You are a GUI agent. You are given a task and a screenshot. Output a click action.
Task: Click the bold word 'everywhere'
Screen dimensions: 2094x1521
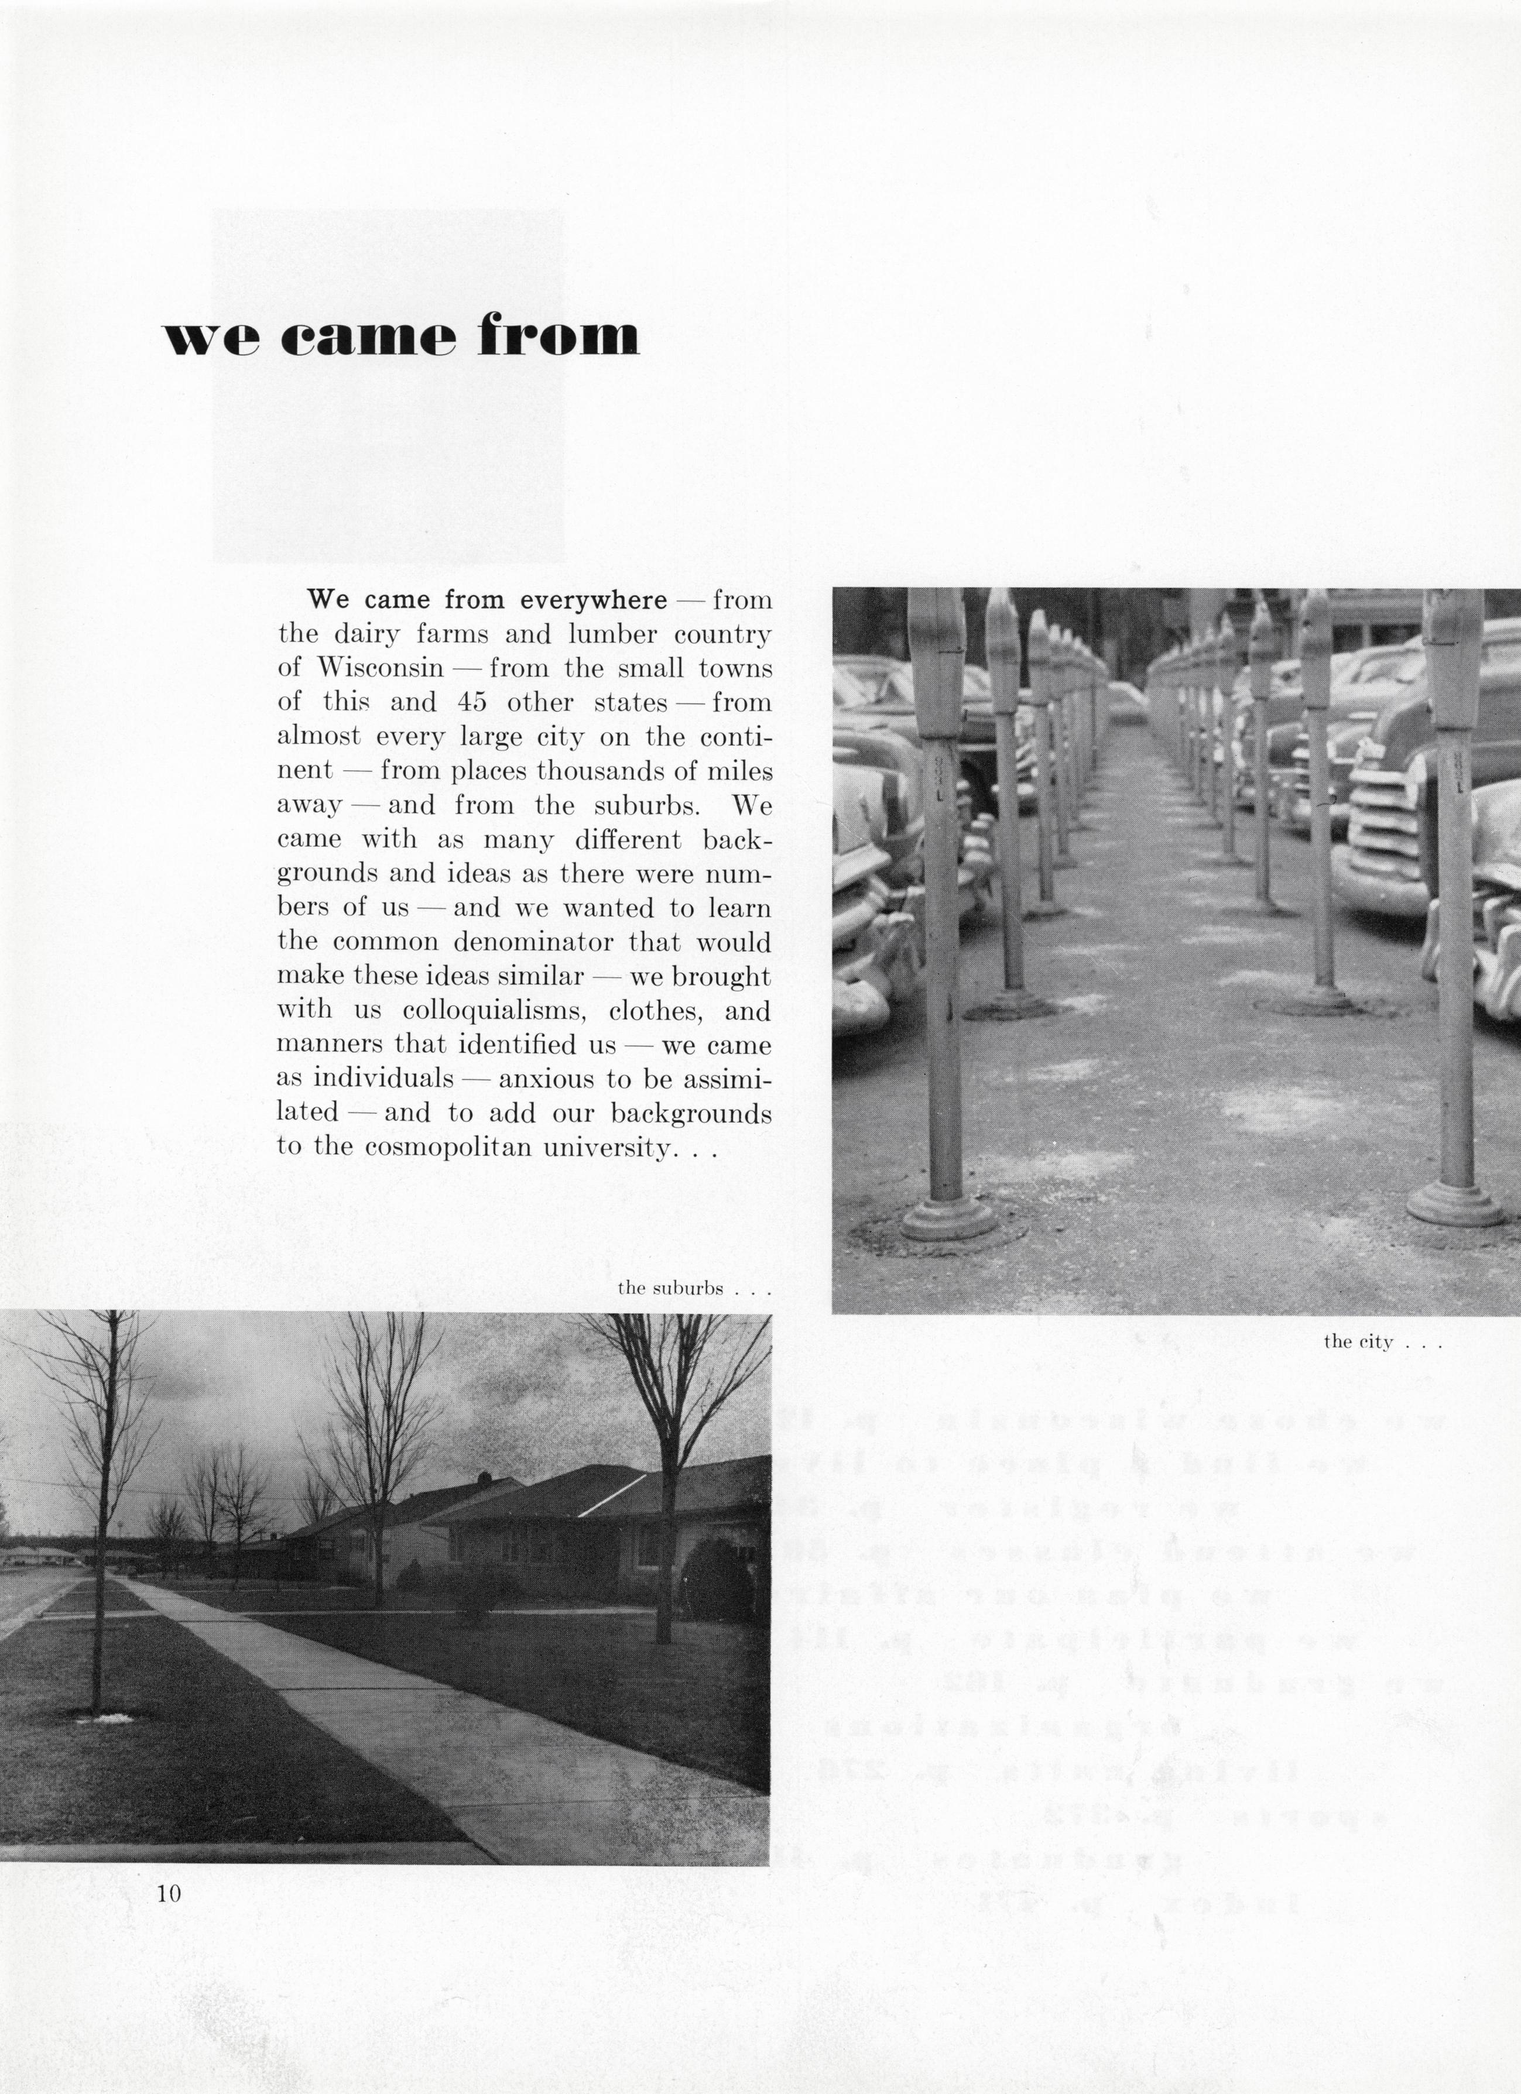point(593,600)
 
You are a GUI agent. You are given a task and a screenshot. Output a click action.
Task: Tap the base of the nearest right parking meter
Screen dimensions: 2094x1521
point(1454,1203)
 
